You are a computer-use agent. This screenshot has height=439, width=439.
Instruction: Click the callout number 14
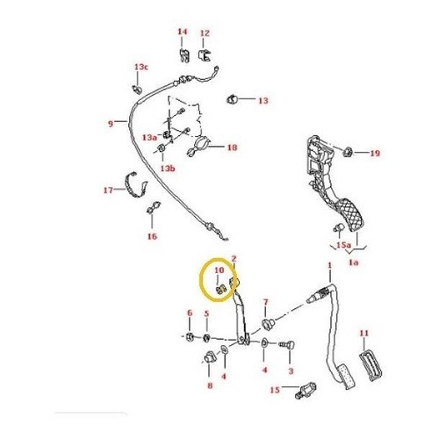[183, 32]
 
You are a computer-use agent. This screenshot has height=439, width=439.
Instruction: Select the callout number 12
[205, 33]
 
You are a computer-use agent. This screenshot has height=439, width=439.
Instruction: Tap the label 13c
[141, 67]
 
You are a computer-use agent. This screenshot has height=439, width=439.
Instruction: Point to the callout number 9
[111, 124]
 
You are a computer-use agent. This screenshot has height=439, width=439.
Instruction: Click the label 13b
[168, 169]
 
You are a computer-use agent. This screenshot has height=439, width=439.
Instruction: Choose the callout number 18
[232, 148]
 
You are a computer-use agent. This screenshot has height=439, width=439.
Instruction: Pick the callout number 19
[375, 153]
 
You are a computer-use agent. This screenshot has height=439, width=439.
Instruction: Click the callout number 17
[108, 191]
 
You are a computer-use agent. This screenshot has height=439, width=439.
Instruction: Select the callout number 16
[152, 236]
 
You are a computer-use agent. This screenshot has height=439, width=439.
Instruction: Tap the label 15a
[343, 245]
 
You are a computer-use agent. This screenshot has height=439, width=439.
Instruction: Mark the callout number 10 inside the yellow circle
[219, 270]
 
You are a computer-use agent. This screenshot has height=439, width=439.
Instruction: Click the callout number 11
[364, 333]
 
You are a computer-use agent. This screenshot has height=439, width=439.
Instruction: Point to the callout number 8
[210, 385]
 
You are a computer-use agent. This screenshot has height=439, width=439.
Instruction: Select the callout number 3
[291, 371]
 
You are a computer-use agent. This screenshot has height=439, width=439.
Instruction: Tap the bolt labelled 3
[287, 345]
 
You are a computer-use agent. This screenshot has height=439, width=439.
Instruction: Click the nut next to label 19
[348, 152]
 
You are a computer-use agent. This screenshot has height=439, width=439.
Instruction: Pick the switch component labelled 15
[306, 390]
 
